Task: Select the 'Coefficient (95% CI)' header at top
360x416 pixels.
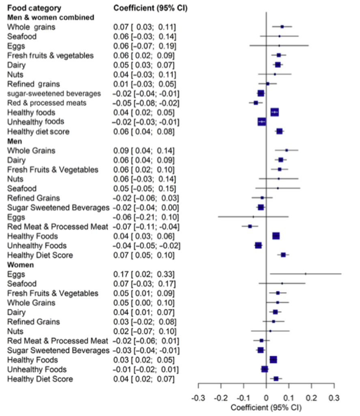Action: pos(150,8)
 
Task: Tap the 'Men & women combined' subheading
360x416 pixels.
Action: pos(51,17)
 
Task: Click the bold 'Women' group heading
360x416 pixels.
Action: pos(20,264)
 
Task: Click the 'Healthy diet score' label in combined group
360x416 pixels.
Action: pos(38,132)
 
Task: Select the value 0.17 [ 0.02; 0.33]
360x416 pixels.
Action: pos(144,274)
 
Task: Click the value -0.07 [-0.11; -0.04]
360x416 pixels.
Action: pos(147,227)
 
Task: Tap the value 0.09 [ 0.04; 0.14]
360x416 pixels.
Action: pos(144,150)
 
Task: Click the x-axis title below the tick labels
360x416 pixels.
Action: pos(266,407)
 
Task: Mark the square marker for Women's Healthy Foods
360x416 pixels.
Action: pos(273,360)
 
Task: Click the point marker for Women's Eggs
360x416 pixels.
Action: pos(305,274)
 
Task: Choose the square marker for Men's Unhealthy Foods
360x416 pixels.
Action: pos(258,245)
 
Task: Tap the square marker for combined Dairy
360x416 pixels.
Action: pos(278,65)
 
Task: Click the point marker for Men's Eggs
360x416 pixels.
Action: pos(253,217)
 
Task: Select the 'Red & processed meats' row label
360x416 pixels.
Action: pos(47,103)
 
